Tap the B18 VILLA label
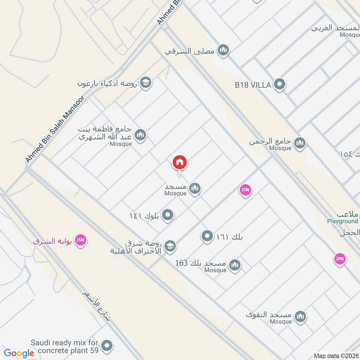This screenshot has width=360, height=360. pyautogui.click(x=252, y=85)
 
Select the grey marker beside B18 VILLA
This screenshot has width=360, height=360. pyautogui.click(x=280, y=84)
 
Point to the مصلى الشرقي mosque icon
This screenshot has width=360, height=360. pyautogui.click(x=223, y=51)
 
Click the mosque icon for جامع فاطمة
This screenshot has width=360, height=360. pyautogui.click(x=141, y=135)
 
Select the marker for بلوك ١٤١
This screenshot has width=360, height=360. pyautogui.click(x=168, y=216)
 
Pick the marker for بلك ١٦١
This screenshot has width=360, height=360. pyautogui.click(x=207, y=236)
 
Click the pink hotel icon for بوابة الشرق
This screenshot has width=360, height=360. pyautogui.click(x=81, y=240)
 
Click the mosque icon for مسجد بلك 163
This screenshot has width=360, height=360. pyautogui.click(x=234, y=265)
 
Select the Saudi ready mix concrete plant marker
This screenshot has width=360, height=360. pyautogui.click(x=107, y=346)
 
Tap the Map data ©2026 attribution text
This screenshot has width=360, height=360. pyautogui.click(x=335, y=356)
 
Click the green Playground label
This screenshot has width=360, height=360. pyautogui.click(x=342, y=221)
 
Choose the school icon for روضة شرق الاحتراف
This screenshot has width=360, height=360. pyautogui.click(x=170, y=246)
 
